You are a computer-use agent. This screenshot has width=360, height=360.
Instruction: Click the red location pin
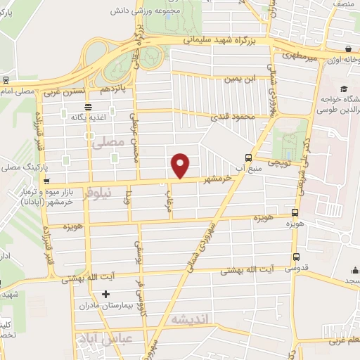pos(181,165)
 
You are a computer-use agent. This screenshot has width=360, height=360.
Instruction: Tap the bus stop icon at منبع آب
pos(247,157)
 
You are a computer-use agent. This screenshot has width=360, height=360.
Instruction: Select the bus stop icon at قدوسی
pos(295,257)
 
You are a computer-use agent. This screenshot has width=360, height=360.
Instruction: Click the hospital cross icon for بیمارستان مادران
pos(106,294)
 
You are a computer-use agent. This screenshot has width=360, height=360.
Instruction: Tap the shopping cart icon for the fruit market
pos(46,181)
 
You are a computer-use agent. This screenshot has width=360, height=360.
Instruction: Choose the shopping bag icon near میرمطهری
pos(349,49)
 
